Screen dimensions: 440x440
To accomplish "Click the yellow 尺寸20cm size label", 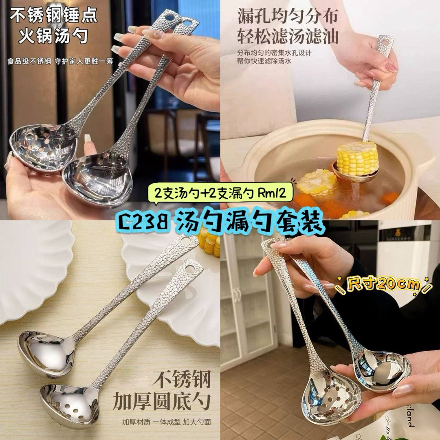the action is (384, 284).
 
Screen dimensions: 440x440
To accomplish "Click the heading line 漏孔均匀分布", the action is (288, 16).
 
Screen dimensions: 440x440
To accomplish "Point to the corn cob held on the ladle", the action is (357, 158).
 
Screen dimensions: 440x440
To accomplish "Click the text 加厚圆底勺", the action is (162, 402).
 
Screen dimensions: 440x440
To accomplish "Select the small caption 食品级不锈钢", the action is (29, 61).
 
